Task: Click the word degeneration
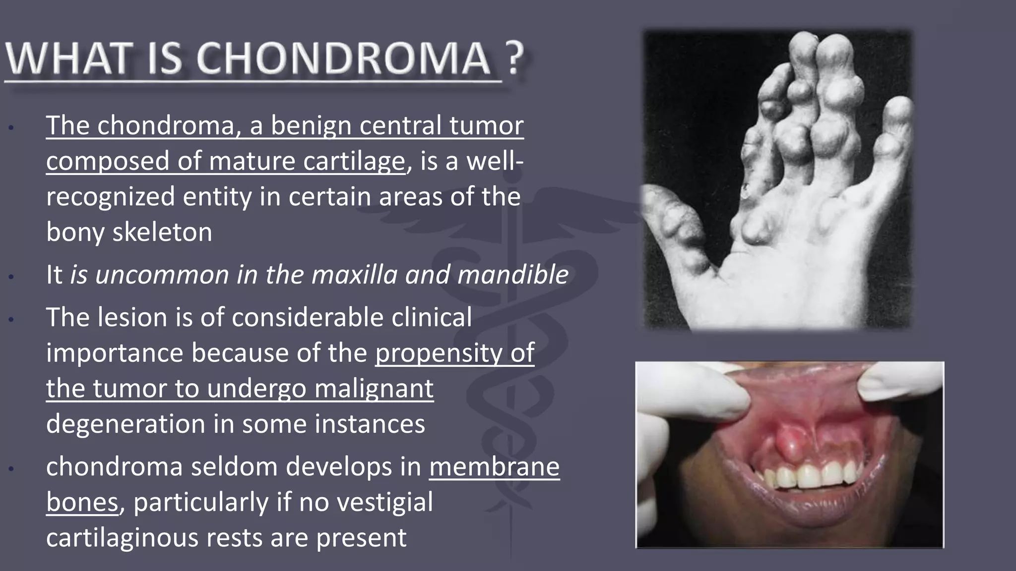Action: click(x=126, y=424)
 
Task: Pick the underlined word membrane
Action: click(x=494, y=467)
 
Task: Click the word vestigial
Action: click(x=384, y=502)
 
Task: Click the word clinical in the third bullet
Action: click(x=431, y=317)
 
